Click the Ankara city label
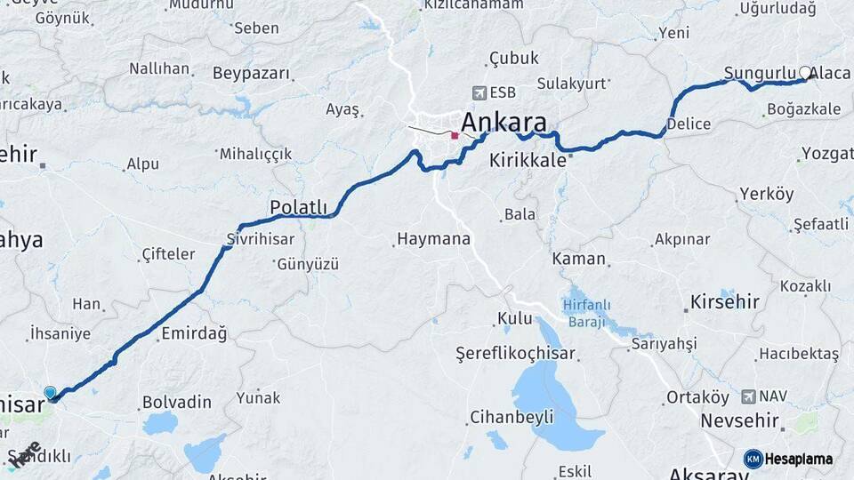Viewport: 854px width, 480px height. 504,123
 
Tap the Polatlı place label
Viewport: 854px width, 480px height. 299,208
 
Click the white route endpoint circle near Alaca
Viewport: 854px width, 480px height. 805,73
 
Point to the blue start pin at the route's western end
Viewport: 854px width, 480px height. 50,393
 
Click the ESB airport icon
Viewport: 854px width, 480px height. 480,92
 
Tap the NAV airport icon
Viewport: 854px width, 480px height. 748,396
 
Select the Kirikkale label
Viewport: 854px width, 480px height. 528,161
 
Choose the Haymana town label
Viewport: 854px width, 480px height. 432,239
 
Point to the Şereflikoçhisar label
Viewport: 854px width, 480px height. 516,353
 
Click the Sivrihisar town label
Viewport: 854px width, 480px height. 260,238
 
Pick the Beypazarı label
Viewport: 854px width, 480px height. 252,73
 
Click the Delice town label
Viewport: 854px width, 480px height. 688,124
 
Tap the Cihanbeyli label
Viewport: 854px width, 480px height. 512,416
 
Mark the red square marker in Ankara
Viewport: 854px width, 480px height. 455,136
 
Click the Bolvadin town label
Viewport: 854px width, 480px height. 177,402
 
